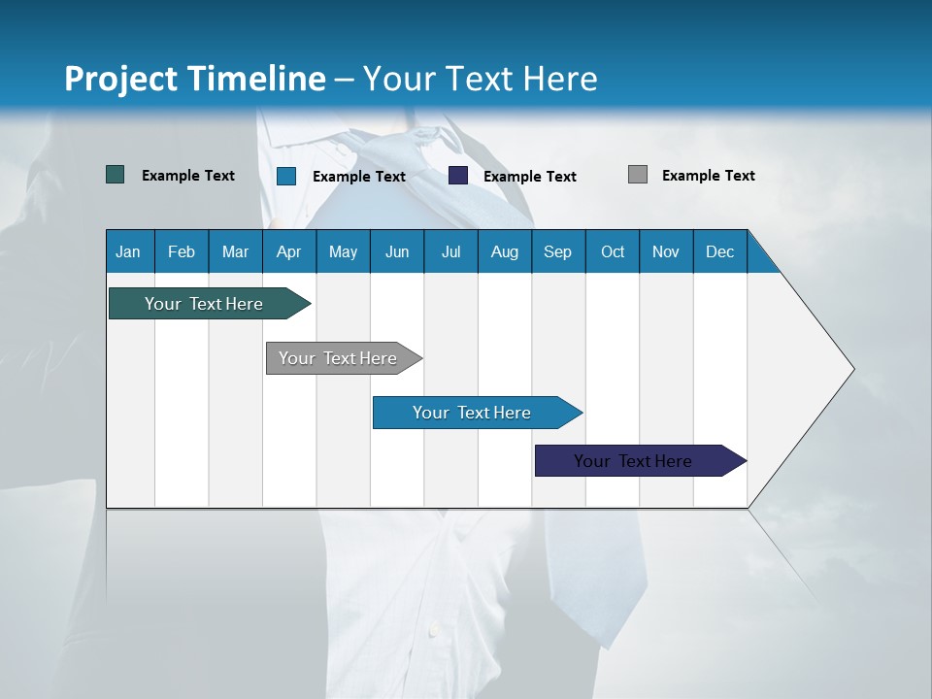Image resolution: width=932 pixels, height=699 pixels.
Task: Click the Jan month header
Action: point(129,251)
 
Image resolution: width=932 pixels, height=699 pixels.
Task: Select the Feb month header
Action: point(182,251)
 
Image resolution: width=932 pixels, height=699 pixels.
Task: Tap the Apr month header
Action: point(288,251)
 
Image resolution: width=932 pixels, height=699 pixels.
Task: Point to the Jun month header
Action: point(396,251)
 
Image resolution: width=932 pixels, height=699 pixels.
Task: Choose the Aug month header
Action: point(504,251)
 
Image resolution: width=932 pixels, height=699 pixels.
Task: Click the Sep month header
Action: point(557,251)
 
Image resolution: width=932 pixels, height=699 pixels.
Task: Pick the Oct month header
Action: point(612,251)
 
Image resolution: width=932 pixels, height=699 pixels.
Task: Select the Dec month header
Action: point(719,251)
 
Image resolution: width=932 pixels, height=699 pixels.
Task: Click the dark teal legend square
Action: point(116,175)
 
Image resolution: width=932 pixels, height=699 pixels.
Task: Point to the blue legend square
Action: point(286,176)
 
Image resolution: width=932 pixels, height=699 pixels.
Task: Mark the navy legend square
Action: point(458,176)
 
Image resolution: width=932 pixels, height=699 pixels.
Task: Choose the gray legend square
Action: point(638,175)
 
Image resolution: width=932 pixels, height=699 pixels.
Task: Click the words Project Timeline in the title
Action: point(195,79)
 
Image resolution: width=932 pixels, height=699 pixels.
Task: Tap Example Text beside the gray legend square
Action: point(708,176)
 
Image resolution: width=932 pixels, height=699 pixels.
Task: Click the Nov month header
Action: point(665,251)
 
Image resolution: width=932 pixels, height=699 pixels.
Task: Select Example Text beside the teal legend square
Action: point(188,176)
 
